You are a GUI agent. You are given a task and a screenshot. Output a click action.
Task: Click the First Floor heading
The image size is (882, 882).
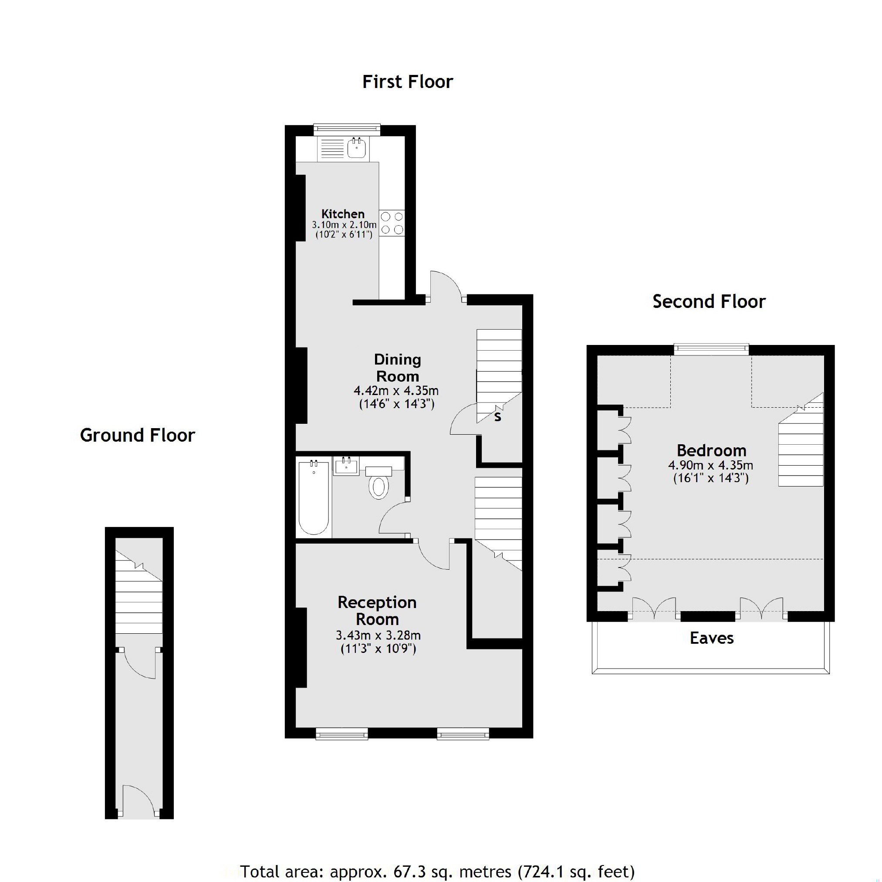point(407,82)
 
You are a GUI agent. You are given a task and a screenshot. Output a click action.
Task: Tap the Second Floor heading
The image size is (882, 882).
point(709,302)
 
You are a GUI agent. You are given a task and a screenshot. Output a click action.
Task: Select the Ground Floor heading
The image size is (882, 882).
point(137,435)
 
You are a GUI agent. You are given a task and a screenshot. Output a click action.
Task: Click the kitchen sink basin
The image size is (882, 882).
point(356,148)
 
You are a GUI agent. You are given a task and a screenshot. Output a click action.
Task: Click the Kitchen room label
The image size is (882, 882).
point(343,214)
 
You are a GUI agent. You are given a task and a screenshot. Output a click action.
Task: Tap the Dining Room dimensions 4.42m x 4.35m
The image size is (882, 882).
point(396,391)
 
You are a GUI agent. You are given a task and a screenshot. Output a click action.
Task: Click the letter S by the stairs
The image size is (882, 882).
point(497,416)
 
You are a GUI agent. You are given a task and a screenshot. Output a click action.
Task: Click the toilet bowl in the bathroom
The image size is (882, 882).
point(378,487)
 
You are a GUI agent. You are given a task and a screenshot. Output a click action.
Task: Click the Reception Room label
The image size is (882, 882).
point(377,610)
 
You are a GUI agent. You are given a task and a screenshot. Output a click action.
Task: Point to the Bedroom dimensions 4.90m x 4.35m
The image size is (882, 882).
point(710,465)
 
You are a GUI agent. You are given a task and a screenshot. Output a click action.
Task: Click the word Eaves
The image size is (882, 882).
point(711,638)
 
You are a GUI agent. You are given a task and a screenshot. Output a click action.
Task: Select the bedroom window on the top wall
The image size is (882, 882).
point(711,349)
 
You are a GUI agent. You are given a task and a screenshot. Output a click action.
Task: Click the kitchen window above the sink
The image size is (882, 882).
point(347,130)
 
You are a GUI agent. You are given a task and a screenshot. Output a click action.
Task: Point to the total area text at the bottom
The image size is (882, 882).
point(437,871)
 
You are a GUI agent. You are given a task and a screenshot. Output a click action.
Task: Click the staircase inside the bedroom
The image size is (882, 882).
point(801,452)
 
